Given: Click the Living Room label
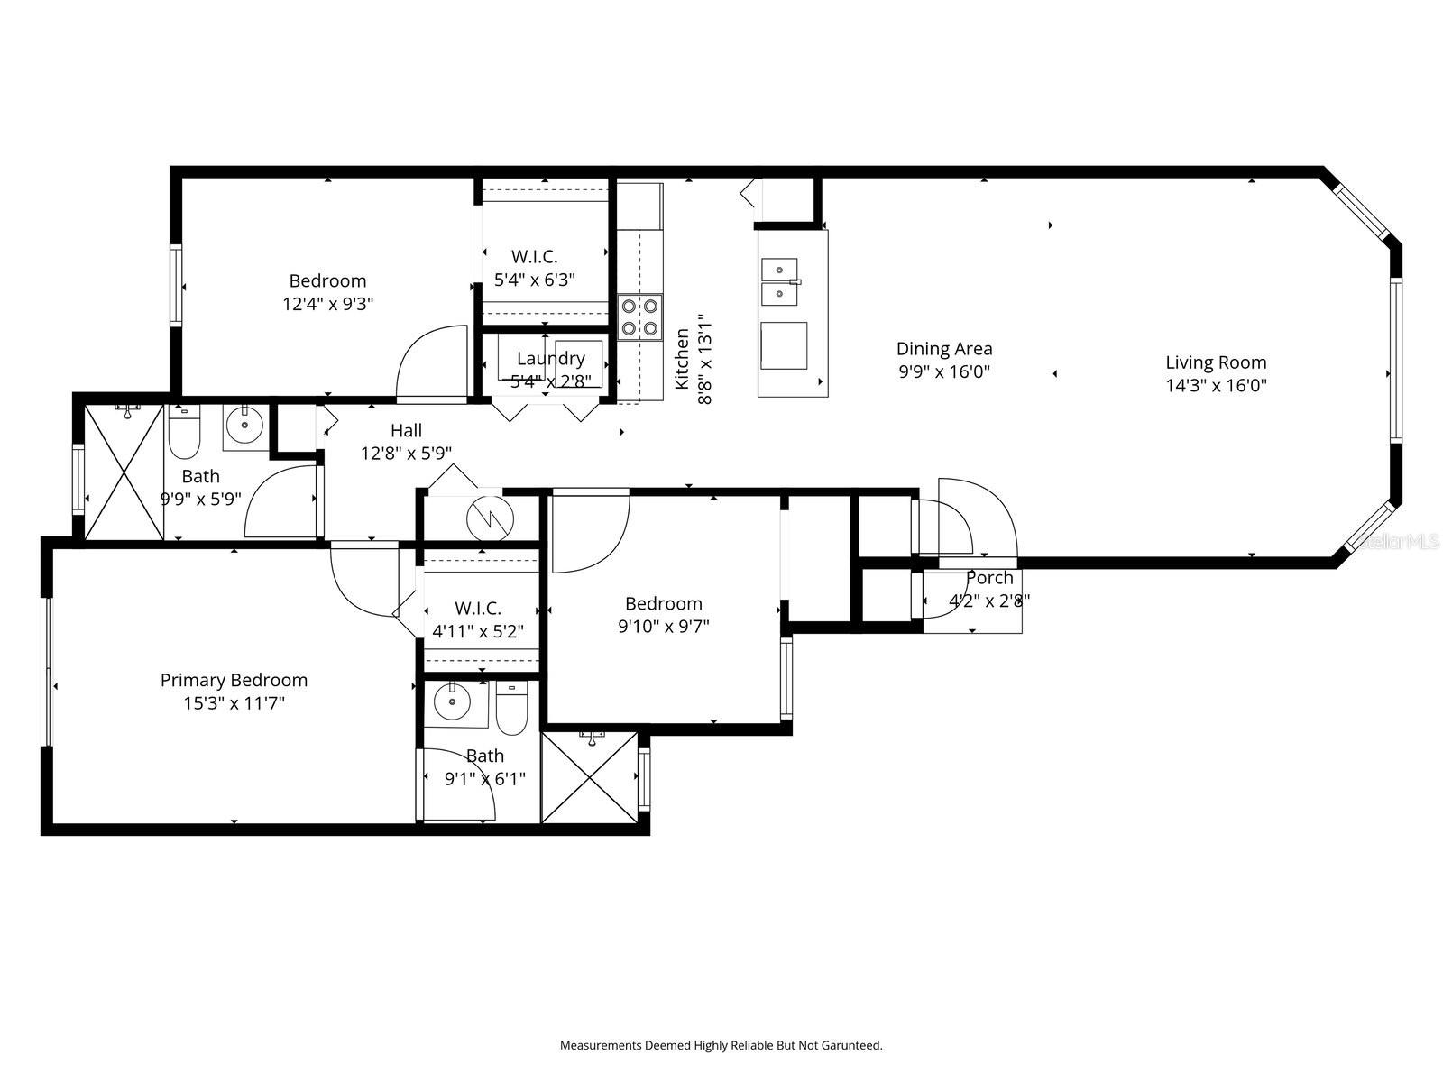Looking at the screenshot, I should coord(1216,362).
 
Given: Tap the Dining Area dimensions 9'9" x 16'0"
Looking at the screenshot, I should coord(944,371).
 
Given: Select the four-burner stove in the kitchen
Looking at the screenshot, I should coord(639,317).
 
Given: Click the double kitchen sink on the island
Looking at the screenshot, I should coord(781,281).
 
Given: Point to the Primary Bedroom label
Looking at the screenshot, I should coord(234,680).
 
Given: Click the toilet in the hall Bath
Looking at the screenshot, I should coord(184,433).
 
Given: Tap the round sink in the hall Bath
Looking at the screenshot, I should coord(244,425).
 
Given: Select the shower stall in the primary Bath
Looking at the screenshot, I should coord(589,776).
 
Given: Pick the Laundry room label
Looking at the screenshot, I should coord(550,359).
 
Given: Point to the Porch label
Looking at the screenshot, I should coord(989,578).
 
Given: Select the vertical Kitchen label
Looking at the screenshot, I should coord(683,359).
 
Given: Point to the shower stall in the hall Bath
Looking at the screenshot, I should coord(124,473).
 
